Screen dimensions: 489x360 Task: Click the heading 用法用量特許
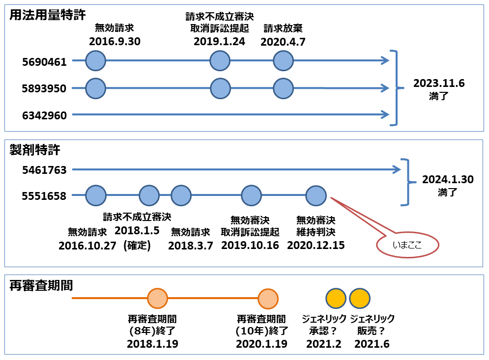point(47,15)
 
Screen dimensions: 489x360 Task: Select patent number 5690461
point(44,62)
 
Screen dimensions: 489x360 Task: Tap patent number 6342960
point(44,115)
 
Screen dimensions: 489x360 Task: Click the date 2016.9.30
point(115,41)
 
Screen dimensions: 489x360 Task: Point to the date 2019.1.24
point(220,41)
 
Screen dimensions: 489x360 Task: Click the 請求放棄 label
point(283,28)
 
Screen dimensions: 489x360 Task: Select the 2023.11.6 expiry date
point(439,83)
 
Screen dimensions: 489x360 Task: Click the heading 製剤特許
point(34,150)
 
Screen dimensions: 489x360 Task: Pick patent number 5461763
point(44,170)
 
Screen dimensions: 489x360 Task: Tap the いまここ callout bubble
point(407,245)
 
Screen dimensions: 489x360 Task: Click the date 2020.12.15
point(316,245)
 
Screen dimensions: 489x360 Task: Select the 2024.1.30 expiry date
point(448,180)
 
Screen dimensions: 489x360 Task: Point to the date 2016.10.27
point(87,246)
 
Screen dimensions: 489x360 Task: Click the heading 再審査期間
point(41,285)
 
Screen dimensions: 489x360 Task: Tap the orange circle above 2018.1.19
point(157,298)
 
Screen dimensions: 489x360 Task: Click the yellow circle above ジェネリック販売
point(360,298)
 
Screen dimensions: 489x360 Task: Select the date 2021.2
point(324,344)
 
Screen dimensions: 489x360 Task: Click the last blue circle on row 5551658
point(316,196)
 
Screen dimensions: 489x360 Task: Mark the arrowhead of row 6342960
point(388,115)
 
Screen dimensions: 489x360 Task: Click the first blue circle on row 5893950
point(96,88)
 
